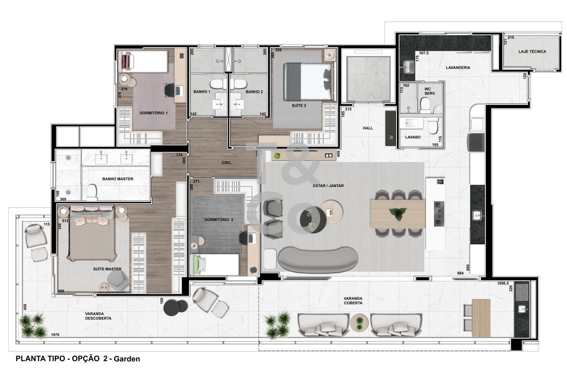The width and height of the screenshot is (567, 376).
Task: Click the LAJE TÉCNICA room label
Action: (532, 51)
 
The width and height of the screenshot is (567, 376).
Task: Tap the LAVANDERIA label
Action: (458, 68)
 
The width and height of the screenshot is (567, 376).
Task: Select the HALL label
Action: (367, 128)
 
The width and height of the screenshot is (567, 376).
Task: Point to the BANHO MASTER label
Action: (118, 179)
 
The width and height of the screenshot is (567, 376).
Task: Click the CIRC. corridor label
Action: (226, 163)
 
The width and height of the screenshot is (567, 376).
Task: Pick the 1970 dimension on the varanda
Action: (55, 335)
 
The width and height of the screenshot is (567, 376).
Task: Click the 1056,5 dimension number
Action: (503, 284)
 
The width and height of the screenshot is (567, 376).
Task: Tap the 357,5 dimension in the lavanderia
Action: (423, 53)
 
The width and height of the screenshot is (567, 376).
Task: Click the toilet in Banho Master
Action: (91, 192)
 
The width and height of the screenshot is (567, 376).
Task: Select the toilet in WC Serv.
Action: (425, 105)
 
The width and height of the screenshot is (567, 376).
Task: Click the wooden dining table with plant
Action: (398, 214)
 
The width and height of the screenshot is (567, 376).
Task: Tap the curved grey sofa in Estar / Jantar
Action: (318, 259)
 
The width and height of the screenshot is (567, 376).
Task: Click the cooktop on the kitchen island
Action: (439, 214)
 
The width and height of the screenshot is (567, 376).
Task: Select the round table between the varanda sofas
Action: (359, 322)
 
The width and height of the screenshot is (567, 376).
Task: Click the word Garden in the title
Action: (127, 359)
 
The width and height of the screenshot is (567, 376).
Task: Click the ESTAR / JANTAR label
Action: (328, 186)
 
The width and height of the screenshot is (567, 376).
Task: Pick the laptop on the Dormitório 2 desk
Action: (252, 238)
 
